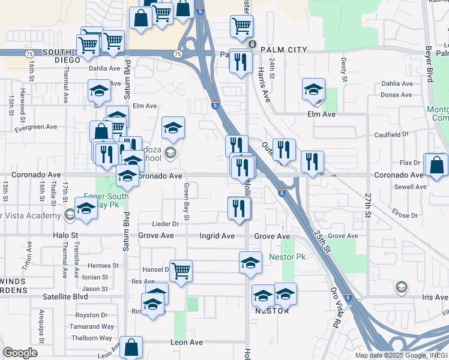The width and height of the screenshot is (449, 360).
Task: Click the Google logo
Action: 20,353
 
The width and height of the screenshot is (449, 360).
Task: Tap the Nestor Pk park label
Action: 292,257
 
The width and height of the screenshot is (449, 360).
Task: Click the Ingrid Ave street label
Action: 217,236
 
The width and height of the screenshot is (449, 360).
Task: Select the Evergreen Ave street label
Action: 35,127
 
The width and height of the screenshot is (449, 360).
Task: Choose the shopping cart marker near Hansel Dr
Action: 181,270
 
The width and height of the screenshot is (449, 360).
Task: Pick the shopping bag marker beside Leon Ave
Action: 131,347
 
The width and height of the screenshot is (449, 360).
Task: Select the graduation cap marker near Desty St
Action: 313,90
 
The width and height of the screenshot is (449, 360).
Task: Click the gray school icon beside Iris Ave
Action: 400,288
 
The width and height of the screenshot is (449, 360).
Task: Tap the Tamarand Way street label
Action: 91,327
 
